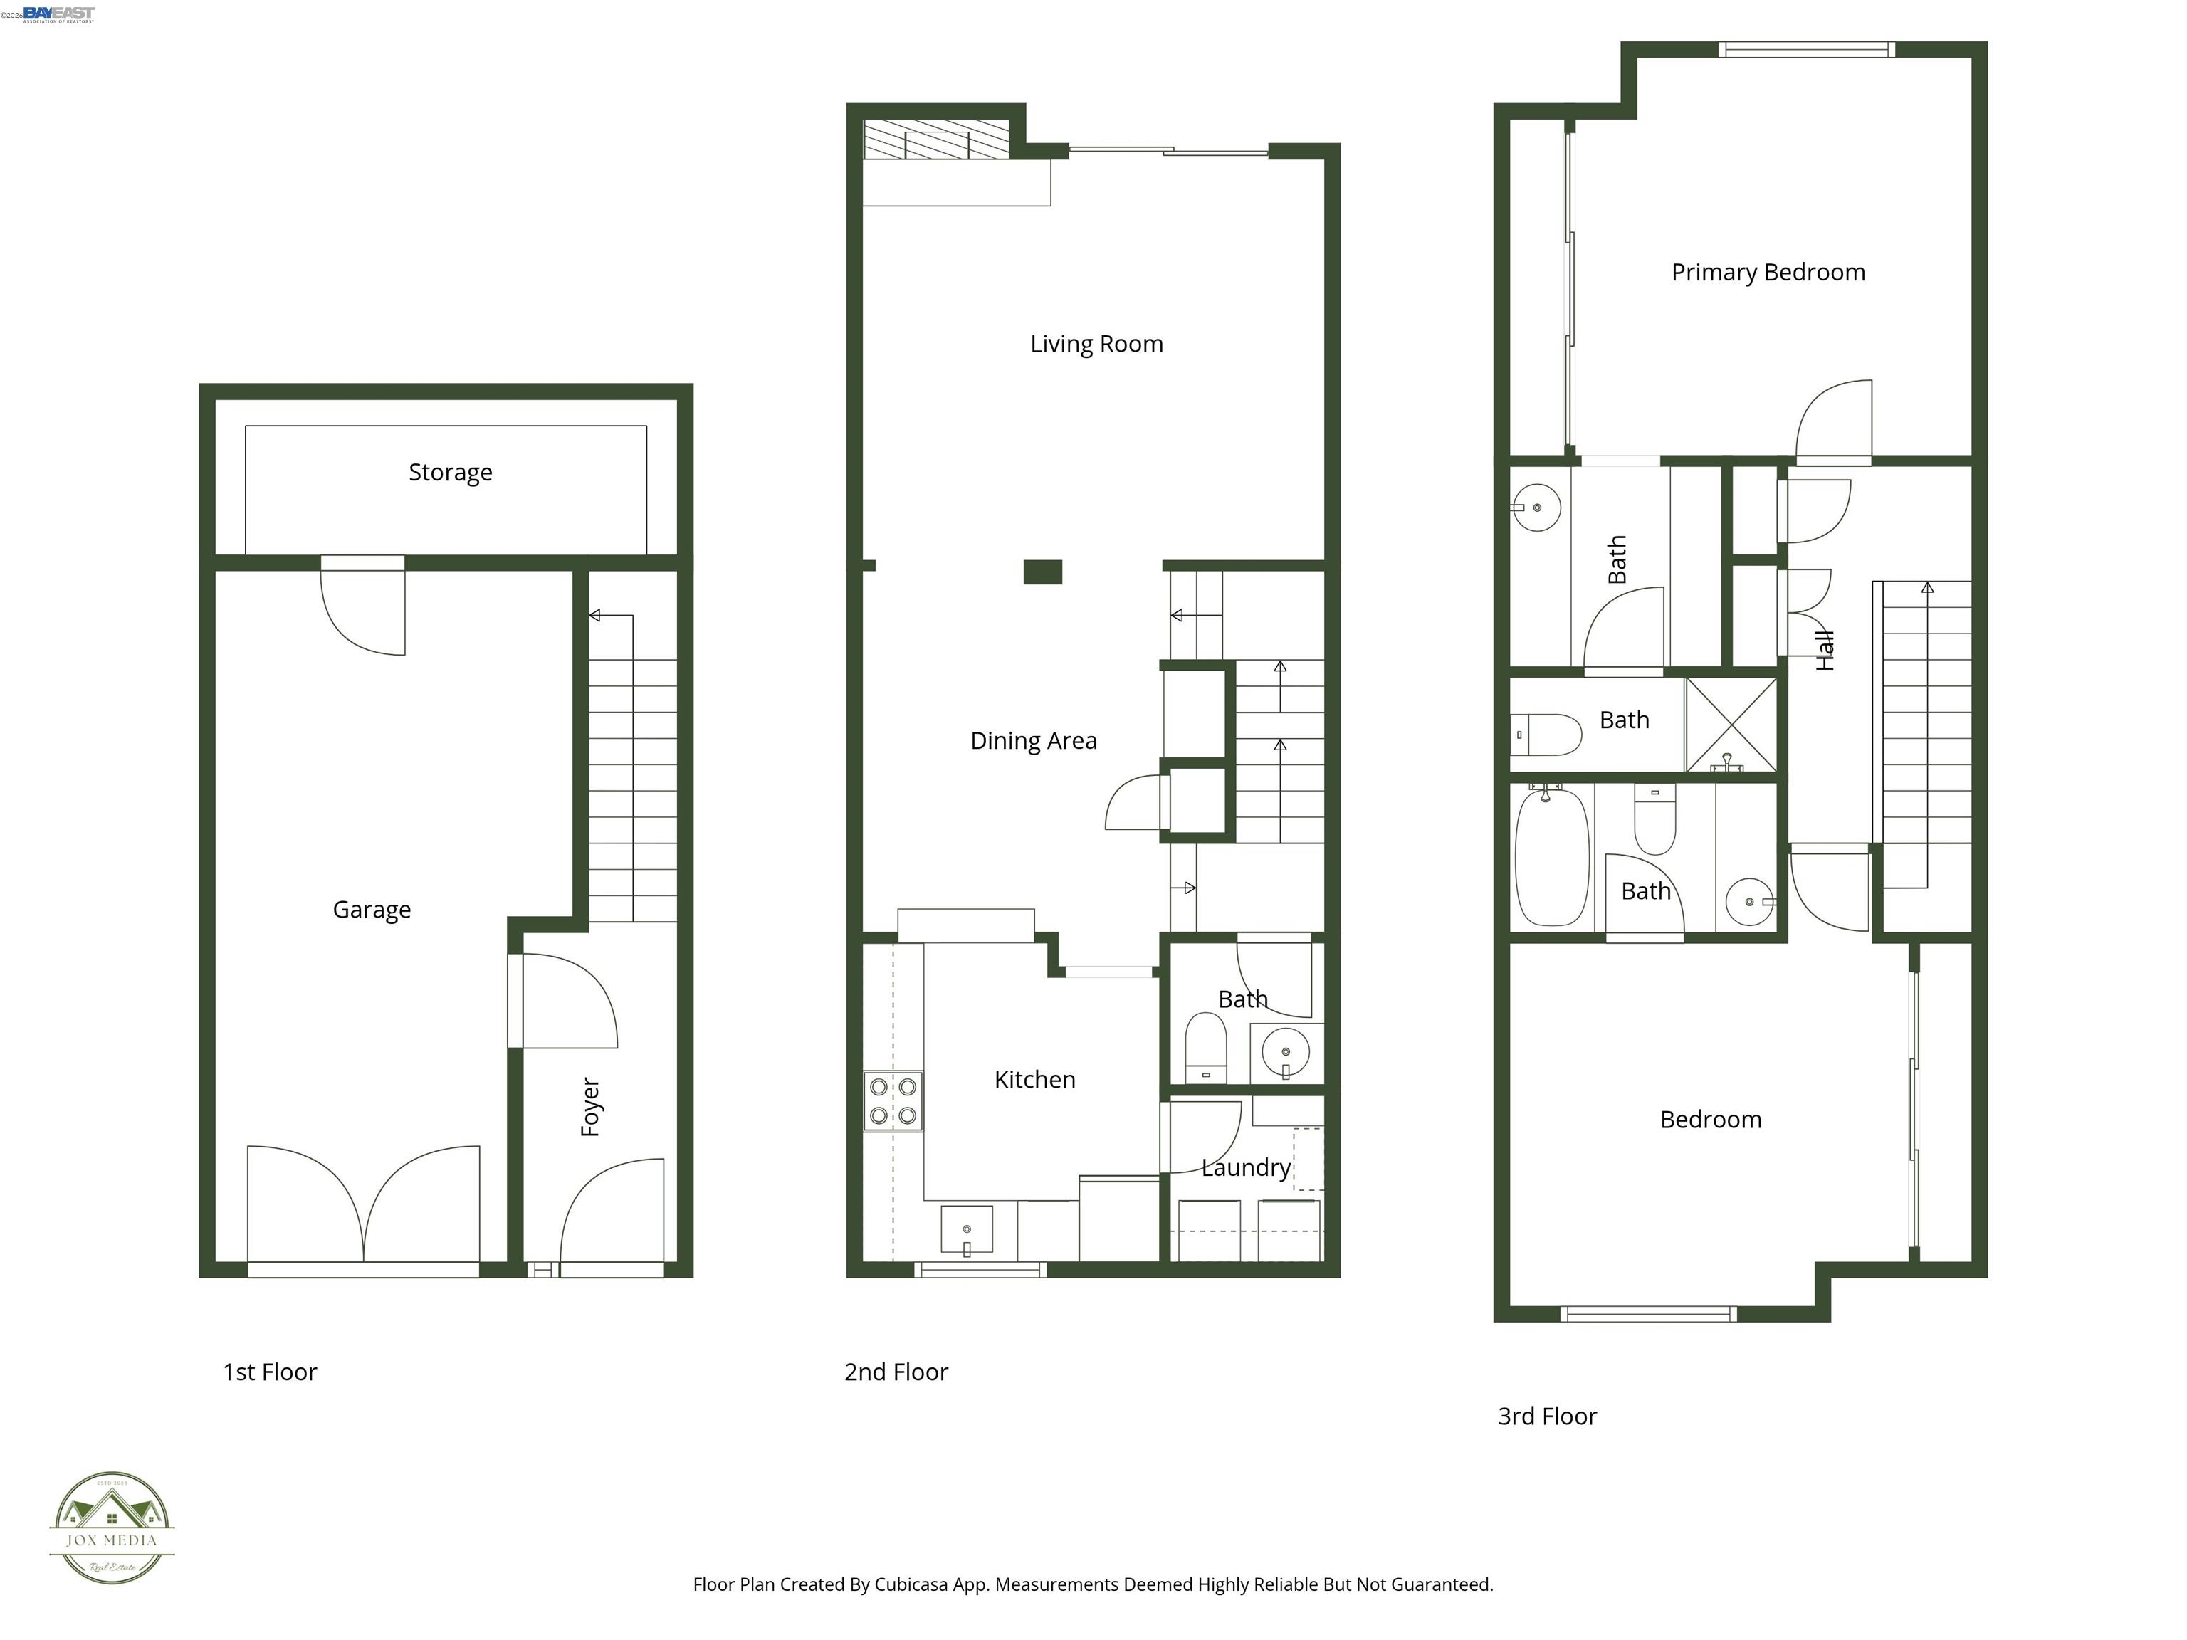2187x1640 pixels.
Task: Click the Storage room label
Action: [450, 473]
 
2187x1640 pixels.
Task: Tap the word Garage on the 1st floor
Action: [371, 910]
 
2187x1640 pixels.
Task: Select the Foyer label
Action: [590, 1106]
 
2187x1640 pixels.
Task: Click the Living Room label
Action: [1096, 344]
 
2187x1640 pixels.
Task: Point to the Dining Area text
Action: [1033, 740]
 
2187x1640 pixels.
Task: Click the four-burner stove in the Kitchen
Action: [893, 1101]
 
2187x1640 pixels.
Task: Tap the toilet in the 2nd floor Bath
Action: [1205, 1048]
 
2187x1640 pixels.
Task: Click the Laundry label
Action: [1246, 1167]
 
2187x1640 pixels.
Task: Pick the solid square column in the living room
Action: [1042, 572]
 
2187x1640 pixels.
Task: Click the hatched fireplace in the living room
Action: [935, 140]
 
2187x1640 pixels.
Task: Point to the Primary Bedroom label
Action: [1768, 273]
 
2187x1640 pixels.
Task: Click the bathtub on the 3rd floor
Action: [1551, 856]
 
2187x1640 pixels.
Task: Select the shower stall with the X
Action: [1730, 724]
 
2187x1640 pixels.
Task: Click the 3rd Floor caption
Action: [1546, 1416]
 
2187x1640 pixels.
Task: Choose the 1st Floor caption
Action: [269, 1372]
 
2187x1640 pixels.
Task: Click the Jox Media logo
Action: [112, 1528]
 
